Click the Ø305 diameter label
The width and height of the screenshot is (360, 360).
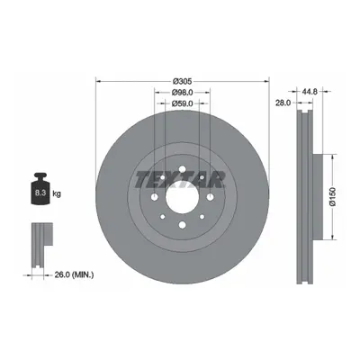183,81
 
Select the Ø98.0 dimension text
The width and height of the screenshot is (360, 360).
183,93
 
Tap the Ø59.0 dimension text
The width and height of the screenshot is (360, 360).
183,103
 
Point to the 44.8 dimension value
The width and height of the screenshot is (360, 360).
310,92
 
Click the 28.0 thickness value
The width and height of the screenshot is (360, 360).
283,103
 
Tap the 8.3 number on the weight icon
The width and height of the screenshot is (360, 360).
40,193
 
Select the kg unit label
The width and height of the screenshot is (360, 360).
57,193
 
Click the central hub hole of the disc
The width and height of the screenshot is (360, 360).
183,197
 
